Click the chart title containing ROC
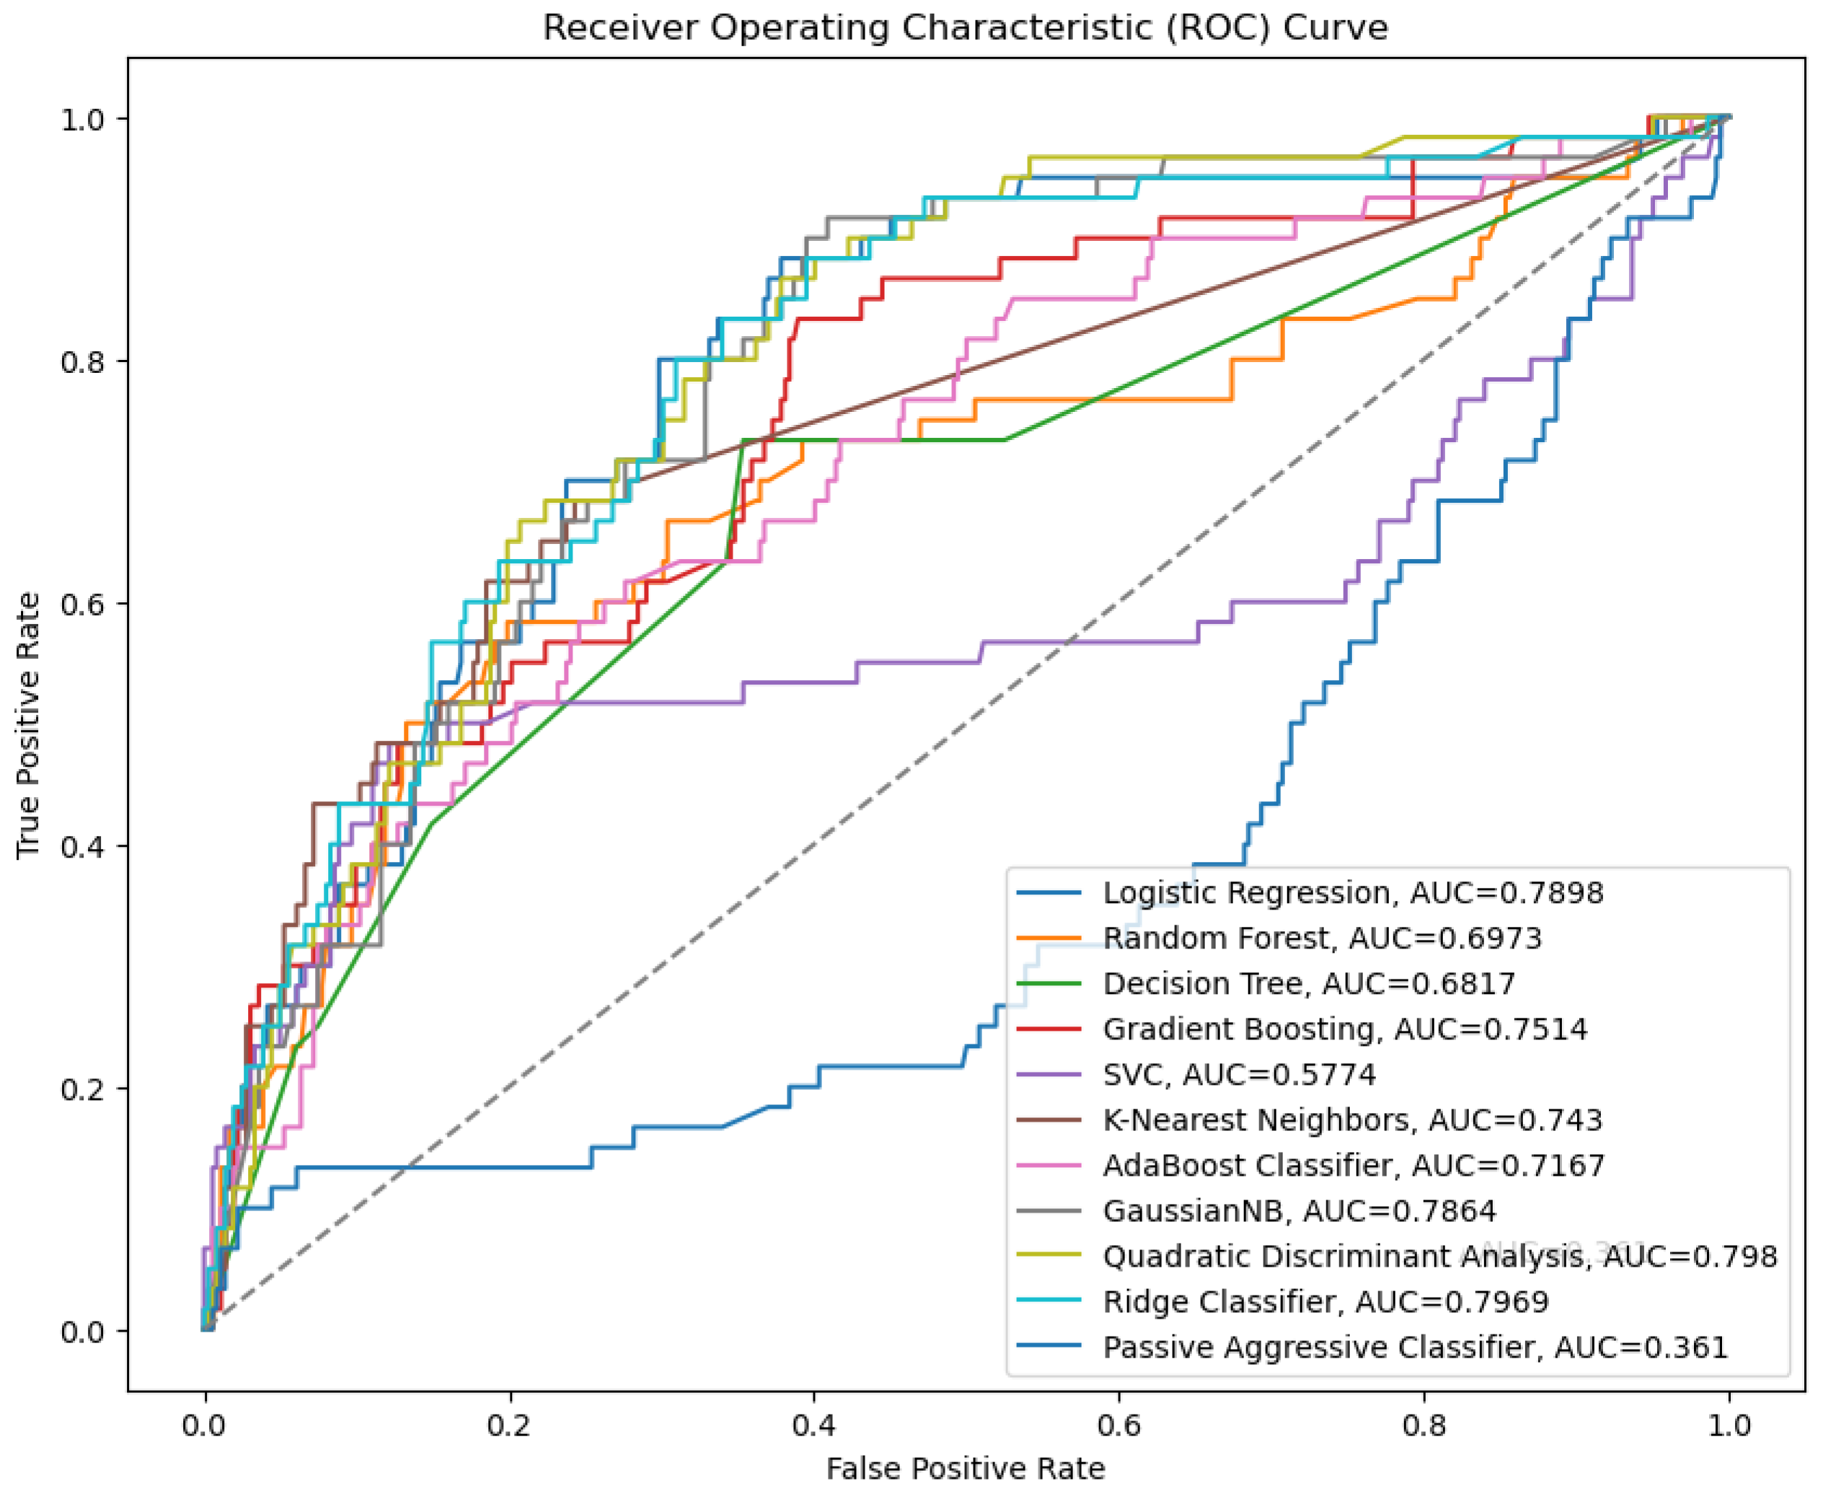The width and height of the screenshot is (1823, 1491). [964, 28]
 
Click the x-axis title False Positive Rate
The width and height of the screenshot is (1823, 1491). [964, 1469]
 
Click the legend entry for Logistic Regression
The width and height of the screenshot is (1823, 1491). [1352, 892]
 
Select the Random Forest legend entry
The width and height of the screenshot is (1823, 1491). [1322, 938]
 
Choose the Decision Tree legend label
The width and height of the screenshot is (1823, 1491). [1309, 983]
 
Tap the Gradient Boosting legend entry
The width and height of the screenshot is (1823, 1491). [1345, 1029]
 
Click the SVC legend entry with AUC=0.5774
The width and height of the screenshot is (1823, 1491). [1238, 1075]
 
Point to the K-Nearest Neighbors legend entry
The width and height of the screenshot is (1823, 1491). [1352, 1120]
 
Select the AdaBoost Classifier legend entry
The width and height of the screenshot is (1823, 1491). [1354, 1166]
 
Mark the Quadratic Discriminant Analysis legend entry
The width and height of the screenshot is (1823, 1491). [1439, 1257]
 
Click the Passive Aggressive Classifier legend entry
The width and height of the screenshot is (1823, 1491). [1415, 1347]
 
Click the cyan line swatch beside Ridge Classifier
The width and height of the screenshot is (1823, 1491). [1049, 1301]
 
